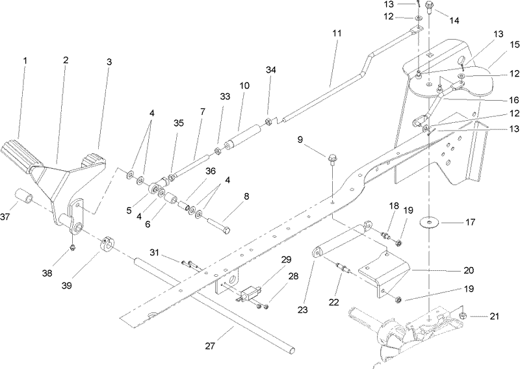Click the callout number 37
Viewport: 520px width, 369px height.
click(x=6, y=216)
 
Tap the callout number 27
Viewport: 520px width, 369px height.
click(x=210, y=346)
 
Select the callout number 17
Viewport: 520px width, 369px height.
click(x=470, y=222)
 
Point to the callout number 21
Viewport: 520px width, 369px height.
click(x=494, y=316)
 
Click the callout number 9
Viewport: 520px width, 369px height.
click(x=300, y=140)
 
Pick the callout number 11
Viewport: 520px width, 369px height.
click(x=337, y=33)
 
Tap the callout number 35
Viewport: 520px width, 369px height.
click(x=178, y=123)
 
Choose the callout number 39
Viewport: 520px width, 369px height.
click(x=67, y=285)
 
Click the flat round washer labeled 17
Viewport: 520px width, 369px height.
click(x=430, y=222)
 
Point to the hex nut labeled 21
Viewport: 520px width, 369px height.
click(x=463, y=316)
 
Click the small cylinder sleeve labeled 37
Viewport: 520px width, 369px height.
click(x=24, y=196)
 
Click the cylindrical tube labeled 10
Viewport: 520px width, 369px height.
click(x=242, y=137)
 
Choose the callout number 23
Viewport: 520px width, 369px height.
click(x=302, y=310)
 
